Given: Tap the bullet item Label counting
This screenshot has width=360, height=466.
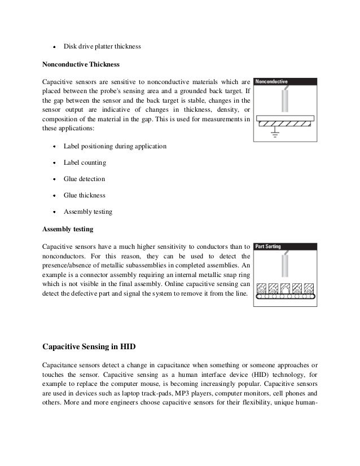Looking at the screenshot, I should coord(84,162).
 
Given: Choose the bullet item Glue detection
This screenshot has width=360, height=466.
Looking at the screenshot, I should coord(84,179).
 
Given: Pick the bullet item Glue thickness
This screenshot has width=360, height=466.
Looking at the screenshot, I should coord(84,195).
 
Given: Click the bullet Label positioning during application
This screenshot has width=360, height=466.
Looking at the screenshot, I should coord(115,146).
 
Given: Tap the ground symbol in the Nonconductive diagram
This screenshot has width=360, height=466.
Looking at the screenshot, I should coord(275,134).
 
